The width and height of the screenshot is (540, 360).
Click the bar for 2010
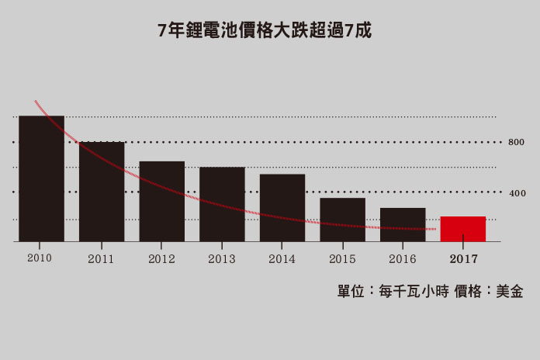pos(41,178)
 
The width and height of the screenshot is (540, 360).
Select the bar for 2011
pos(102,192)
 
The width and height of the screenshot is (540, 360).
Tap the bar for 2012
pos(162,202)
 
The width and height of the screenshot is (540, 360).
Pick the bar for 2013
pos(222,204)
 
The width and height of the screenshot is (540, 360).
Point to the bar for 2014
pos(282,208)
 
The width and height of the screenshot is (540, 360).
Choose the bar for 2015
pos(342,220)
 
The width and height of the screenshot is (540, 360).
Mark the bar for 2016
pos(403,225)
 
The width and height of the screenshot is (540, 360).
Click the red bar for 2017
pos(463,229)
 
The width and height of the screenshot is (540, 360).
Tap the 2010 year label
pos(39,257)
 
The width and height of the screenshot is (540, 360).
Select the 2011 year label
pos(101,258)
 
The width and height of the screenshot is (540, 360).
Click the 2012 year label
pos(161,258)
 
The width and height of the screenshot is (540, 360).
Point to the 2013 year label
pos(222,258)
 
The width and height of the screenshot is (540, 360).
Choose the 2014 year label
pos(282,258)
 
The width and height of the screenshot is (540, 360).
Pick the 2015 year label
pos(342,258)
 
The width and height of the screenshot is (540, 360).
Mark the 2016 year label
pos(403,258)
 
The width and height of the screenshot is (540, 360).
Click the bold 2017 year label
pos(463,258)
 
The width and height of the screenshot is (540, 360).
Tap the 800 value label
pos(517,143)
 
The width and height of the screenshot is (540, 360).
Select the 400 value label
pos(517,192)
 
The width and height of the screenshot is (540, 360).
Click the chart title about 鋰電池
pos(265,31)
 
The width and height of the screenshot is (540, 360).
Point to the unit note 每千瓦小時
pos(412,292)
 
